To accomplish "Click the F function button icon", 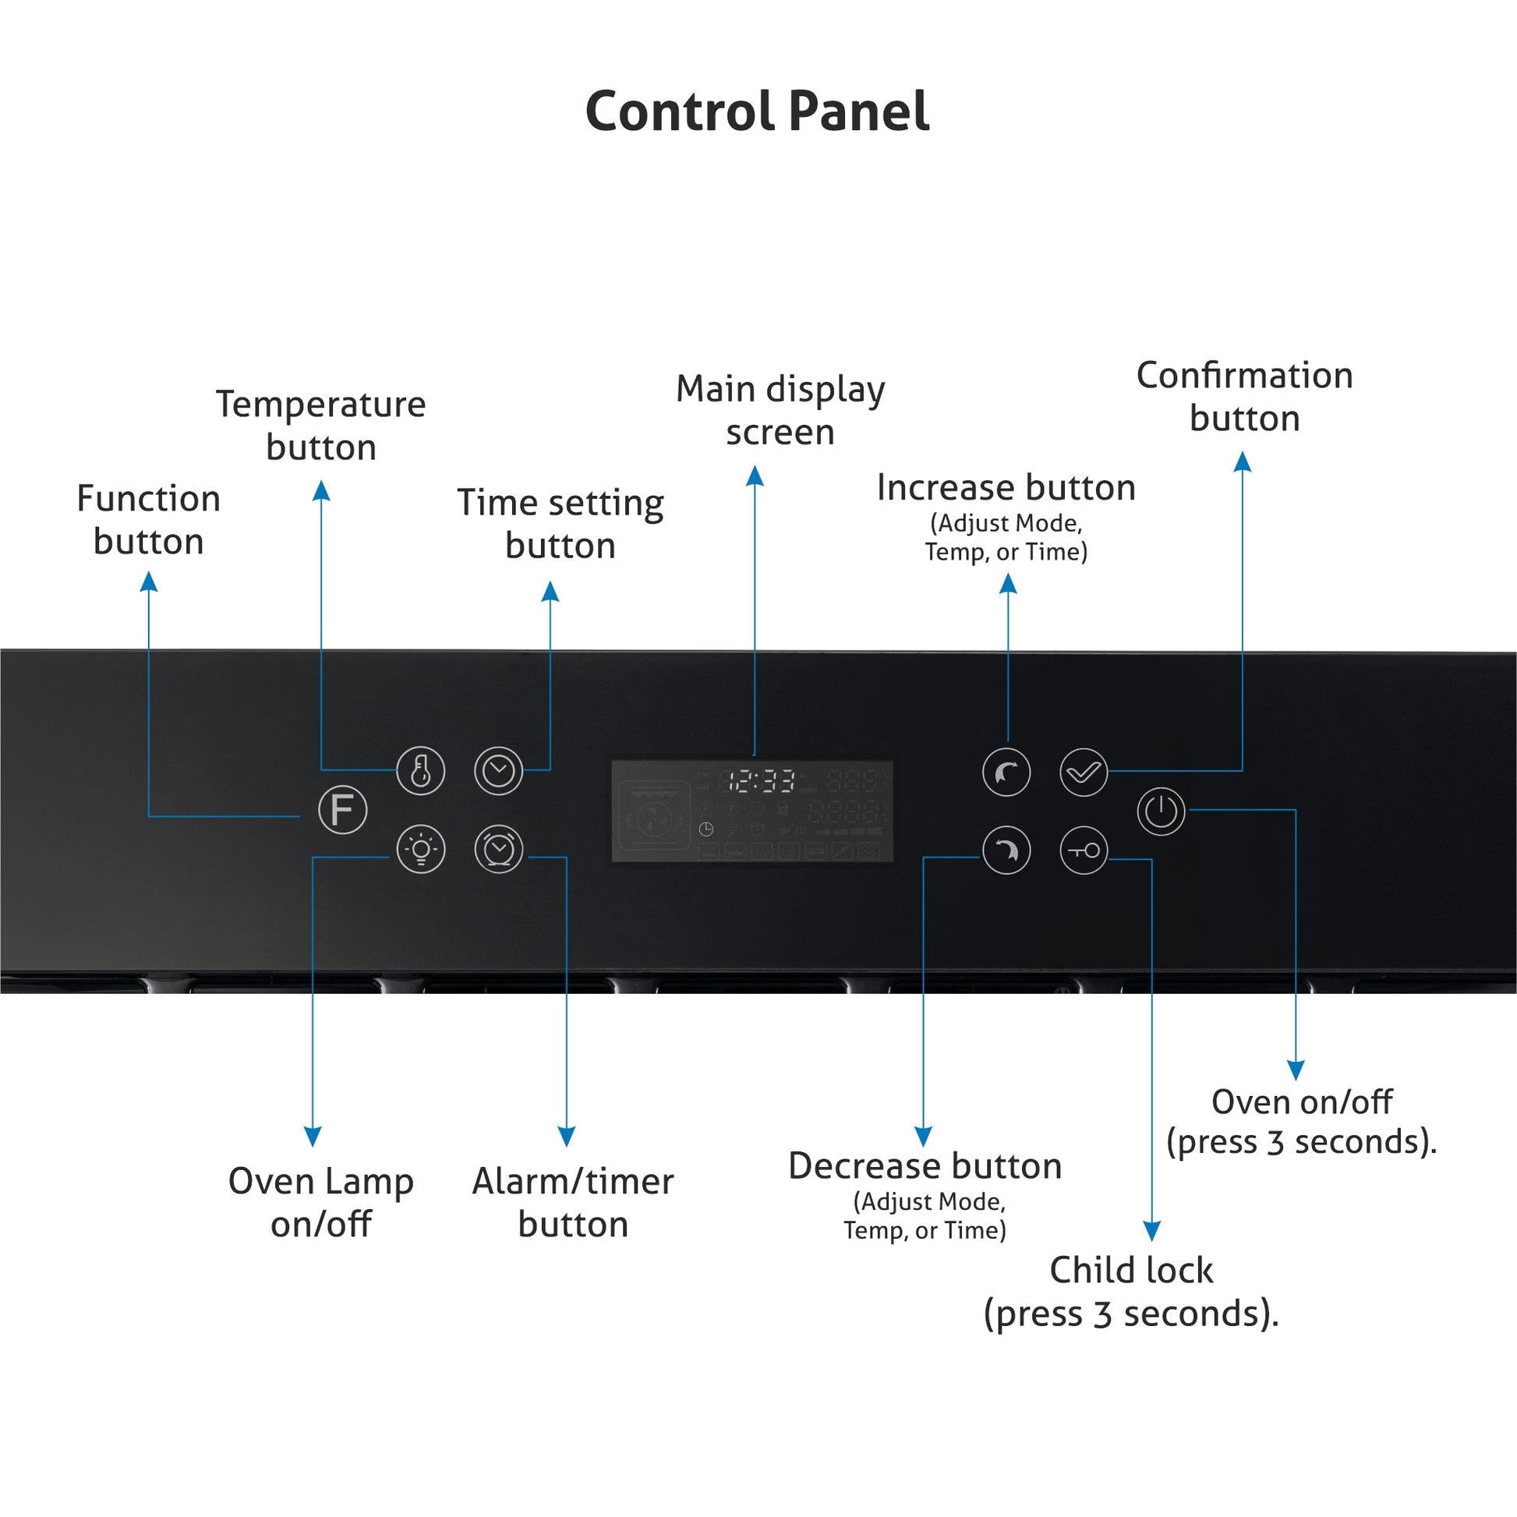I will [342, 809].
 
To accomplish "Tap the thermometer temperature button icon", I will [421, 770].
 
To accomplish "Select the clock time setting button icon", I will [499, 770].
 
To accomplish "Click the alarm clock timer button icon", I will [499, 849].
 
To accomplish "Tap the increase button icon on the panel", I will [1006, 773].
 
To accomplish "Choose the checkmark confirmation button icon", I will [1084, 773].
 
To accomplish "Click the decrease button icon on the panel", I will [1006, 850].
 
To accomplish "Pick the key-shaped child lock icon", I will [1084, 850].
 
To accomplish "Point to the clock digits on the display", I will [761, 781].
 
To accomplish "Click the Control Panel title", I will [758, 111].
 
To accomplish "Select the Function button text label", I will [148, 520].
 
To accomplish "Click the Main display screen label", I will [780, 410].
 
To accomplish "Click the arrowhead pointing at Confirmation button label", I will [1242, 461].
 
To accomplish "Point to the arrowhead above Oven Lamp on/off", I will [313, 1136].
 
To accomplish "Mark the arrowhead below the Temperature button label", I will [321, 491].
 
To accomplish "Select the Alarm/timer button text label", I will [572, 1202].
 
